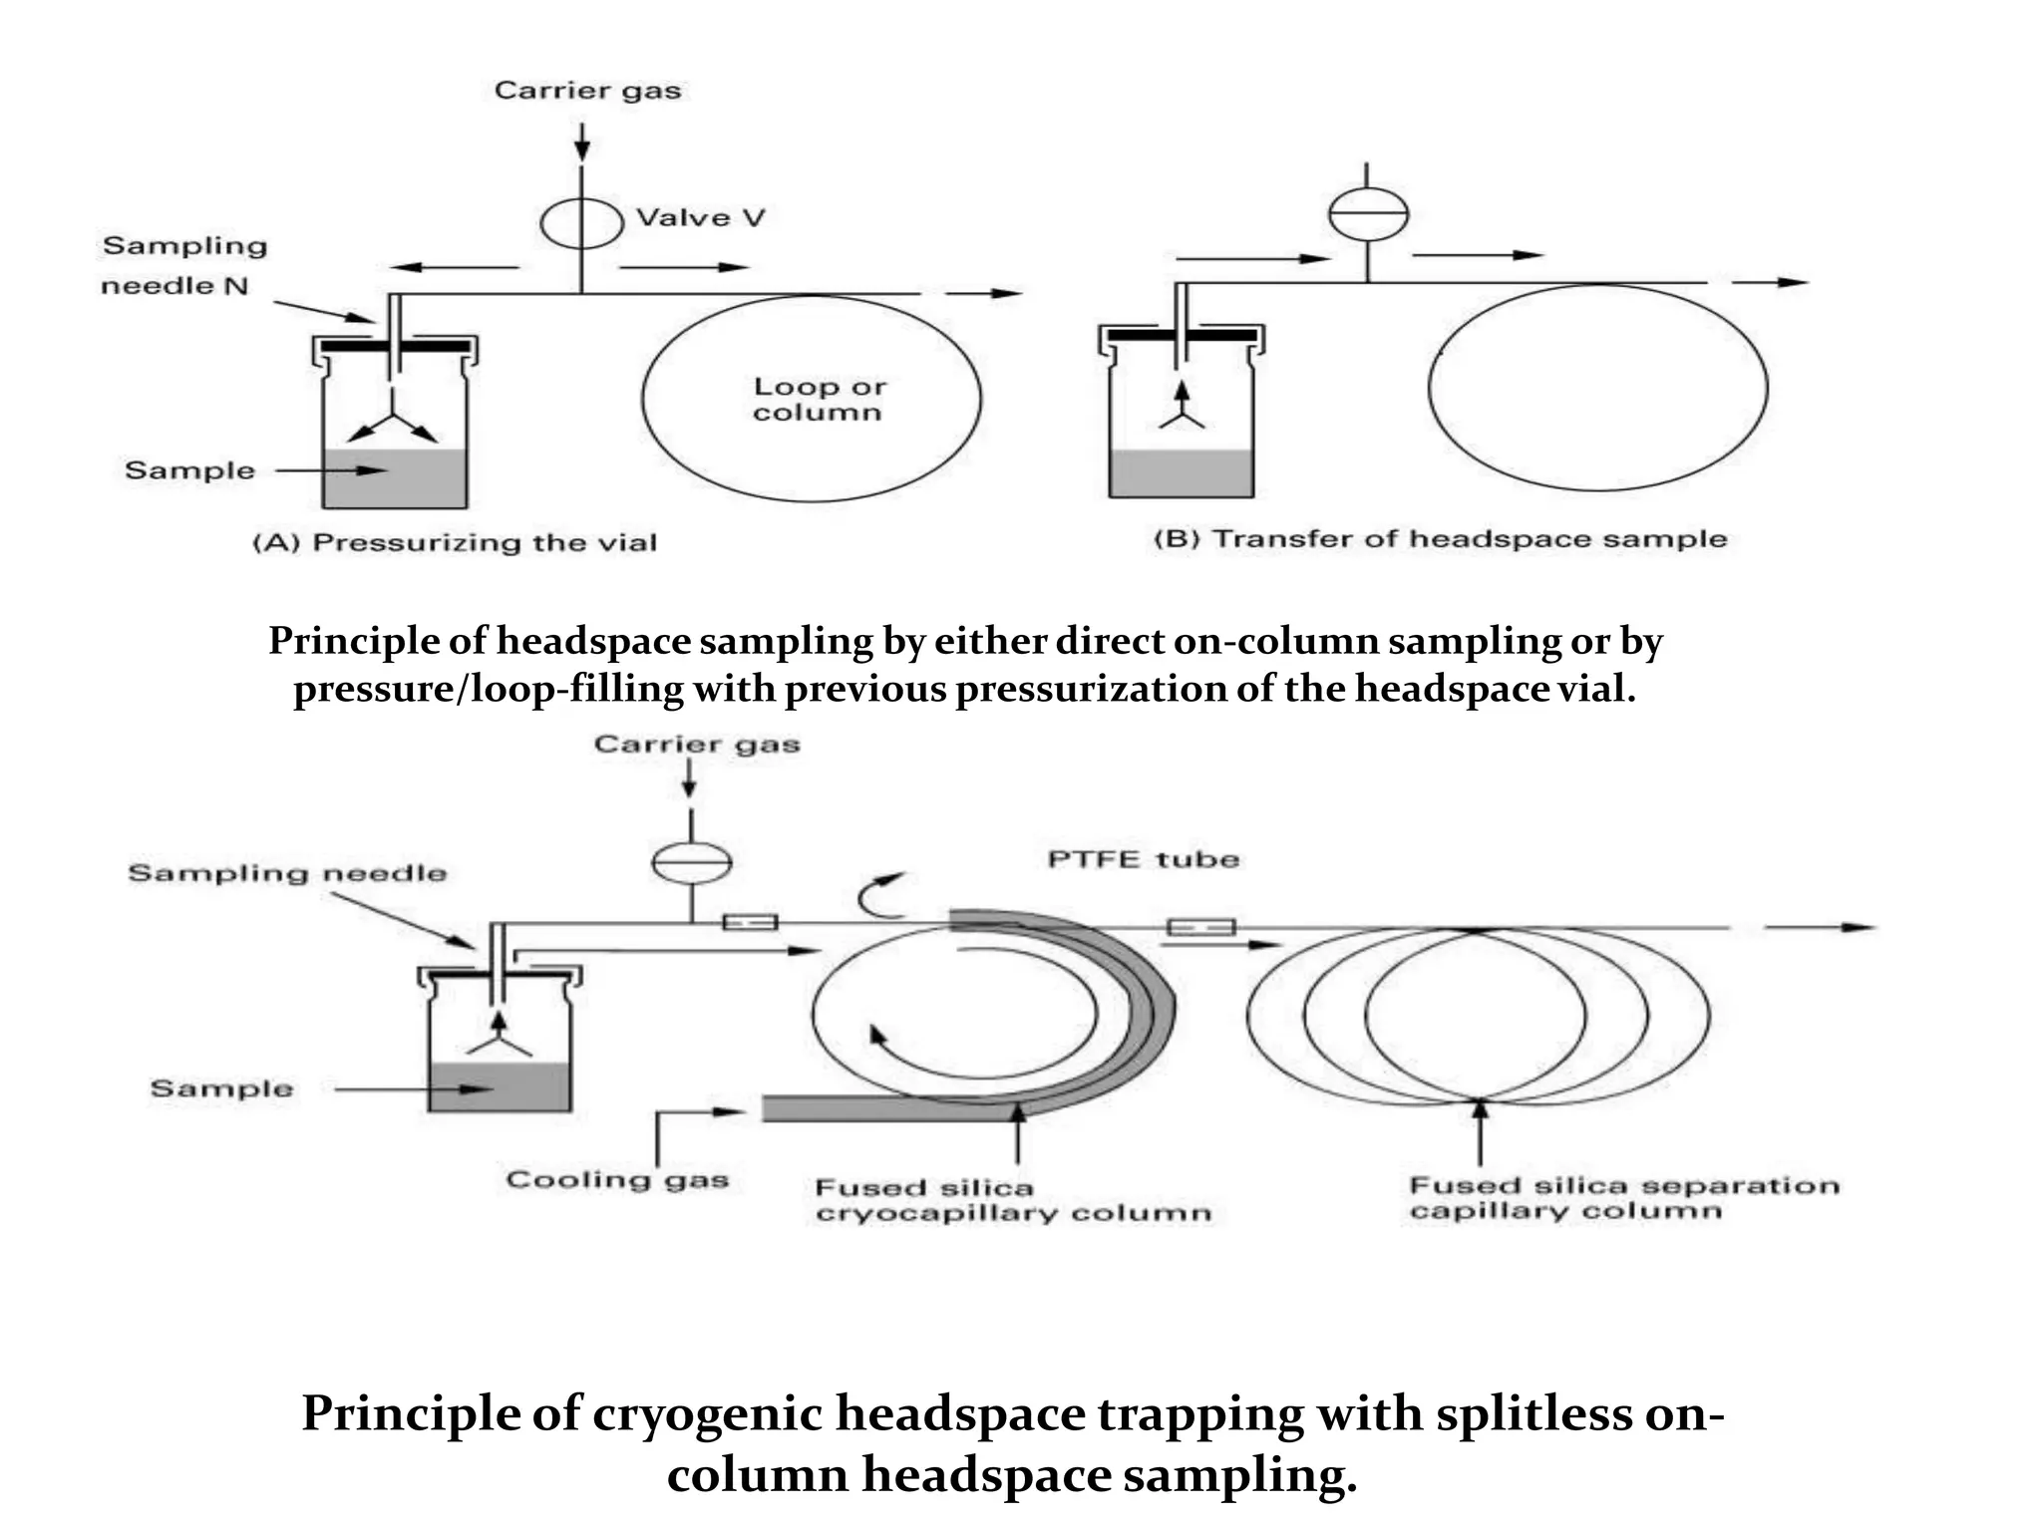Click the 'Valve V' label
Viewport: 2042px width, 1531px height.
click(700, 217)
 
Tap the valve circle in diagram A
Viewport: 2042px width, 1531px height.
click(582, 222)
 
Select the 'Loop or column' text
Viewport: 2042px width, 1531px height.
click(819, 399)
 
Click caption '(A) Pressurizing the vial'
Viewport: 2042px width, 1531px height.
click(455, 542)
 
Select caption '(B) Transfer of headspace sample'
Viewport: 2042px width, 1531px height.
click(1440, 539)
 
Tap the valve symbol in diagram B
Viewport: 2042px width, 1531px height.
click(1368, 213)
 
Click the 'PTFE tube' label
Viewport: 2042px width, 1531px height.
click(1143, 859)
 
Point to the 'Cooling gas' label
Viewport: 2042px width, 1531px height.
click(617, 1180)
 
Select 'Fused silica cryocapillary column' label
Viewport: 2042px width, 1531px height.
click(1012, 1200)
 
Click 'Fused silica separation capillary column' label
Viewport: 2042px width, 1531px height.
click(1623, 1198)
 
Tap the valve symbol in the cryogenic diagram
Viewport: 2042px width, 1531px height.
click(691, 863)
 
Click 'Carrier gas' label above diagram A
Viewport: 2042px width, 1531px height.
click(587, 91)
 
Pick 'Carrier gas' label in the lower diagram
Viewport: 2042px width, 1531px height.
click(696, 745)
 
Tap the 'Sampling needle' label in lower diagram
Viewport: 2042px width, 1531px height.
click(287, 873)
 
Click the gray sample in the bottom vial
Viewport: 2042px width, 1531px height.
click(500, 1087)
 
